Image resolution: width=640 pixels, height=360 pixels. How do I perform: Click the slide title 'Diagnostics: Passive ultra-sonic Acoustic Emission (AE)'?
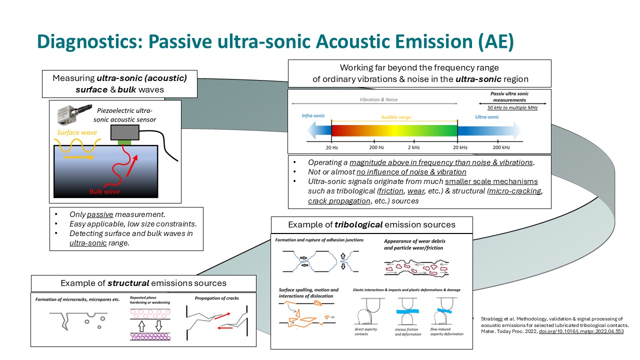click(275, 42)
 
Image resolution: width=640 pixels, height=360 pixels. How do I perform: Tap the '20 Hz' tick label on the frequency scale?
click(331, 147)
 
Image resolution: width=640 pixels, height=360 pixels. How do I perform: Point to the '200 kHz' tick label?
click(501, 147)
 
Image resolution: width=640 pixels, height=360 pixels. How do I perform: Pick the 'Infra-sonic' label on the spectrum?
click(313, 115)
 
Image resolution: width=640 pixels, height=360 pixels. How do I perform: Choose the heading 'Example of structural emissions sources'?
click(143, 283)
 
